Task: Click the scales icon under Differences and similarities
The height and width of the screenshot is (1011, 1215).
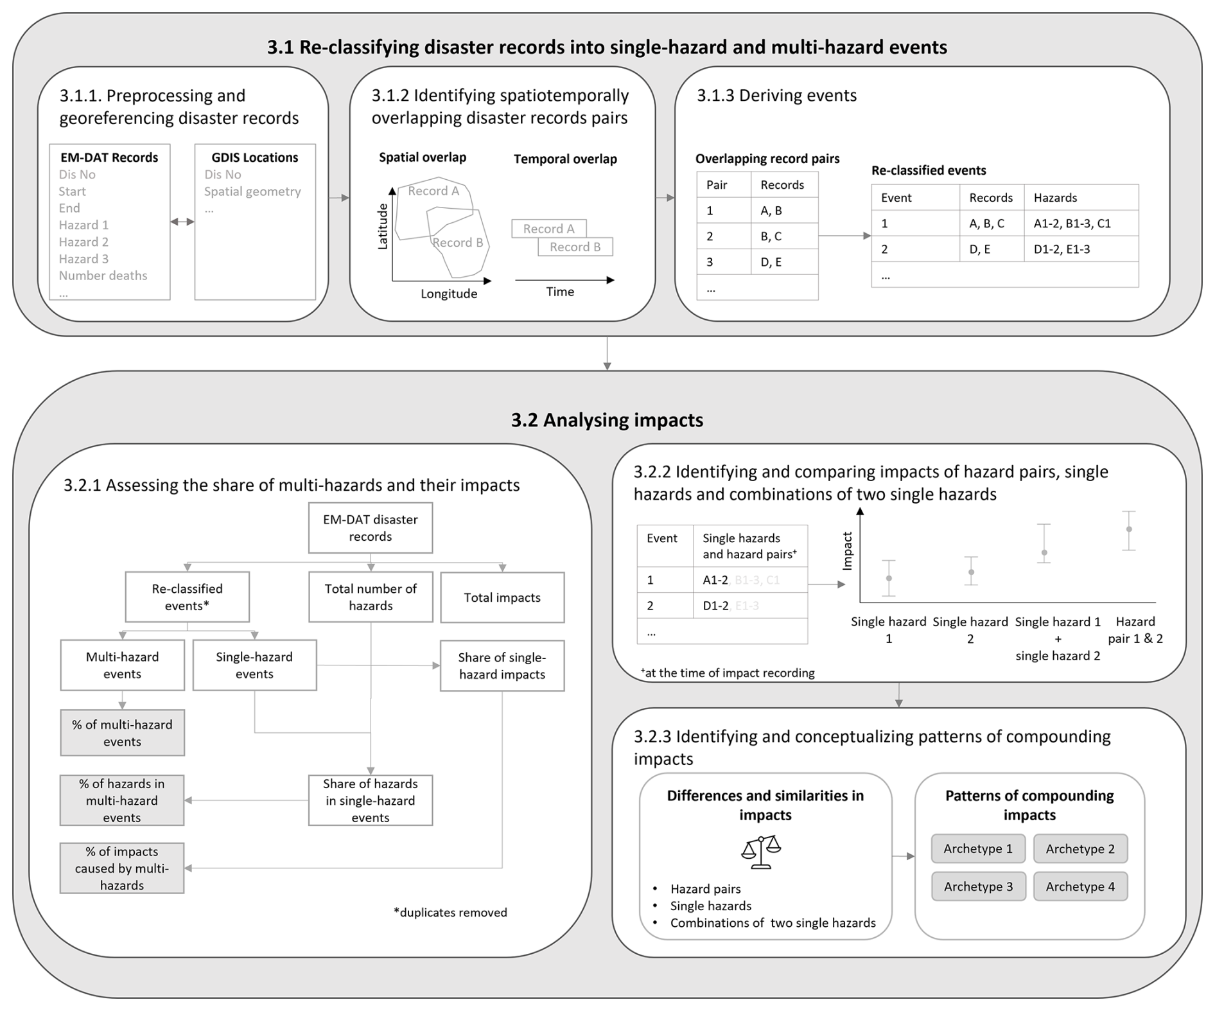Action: [x=761, y=852]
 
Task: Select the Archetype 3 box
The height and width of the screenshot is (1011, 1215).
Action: [x=978, y=886]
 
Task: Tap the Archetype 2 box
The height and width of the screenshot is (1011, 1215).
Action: [x=1080, y=848]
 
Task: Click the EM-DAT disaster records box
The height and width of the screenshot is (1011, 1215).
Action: [x=371, y=528]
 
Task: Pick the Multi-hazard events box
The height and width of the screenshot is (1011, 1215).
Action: [x=123, y=665]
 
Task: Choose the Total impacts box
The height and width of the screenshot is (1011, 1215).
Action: [x=502, y=597]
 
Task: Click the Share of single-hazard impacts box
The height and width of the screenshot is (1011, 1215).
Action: [x=502, y=665]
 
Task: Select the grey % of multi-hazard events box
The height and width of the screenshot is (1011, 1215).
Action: [x=123, y=733]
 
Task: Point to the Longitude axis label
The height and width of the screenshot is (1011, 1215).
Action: [x=449, y=294]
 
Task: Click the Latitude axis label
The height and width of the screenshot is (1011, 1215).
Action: [x=383, y=226]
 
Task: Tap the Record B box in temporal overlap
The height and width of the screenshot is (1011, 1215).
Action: [x=575, y=247]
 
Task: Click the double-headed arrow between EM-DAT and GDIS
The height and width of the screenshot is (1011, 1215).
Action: [x=182, y=222]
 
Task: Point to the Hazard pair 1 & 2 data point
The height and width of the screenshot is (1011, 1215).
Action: [x=1129, y=529]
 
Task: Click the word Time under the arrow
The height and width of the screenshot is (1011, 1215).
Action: [x=560, y=292]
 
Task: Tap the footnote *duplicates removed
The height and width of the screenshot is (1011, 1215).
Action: [x=450, y=912]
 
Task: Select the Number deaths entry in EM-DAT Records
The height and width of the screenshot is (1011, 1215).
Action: [x=103, y=276]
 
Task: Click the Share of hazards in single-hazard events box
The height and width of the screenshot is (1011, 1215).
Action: [x=371, y=800]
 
